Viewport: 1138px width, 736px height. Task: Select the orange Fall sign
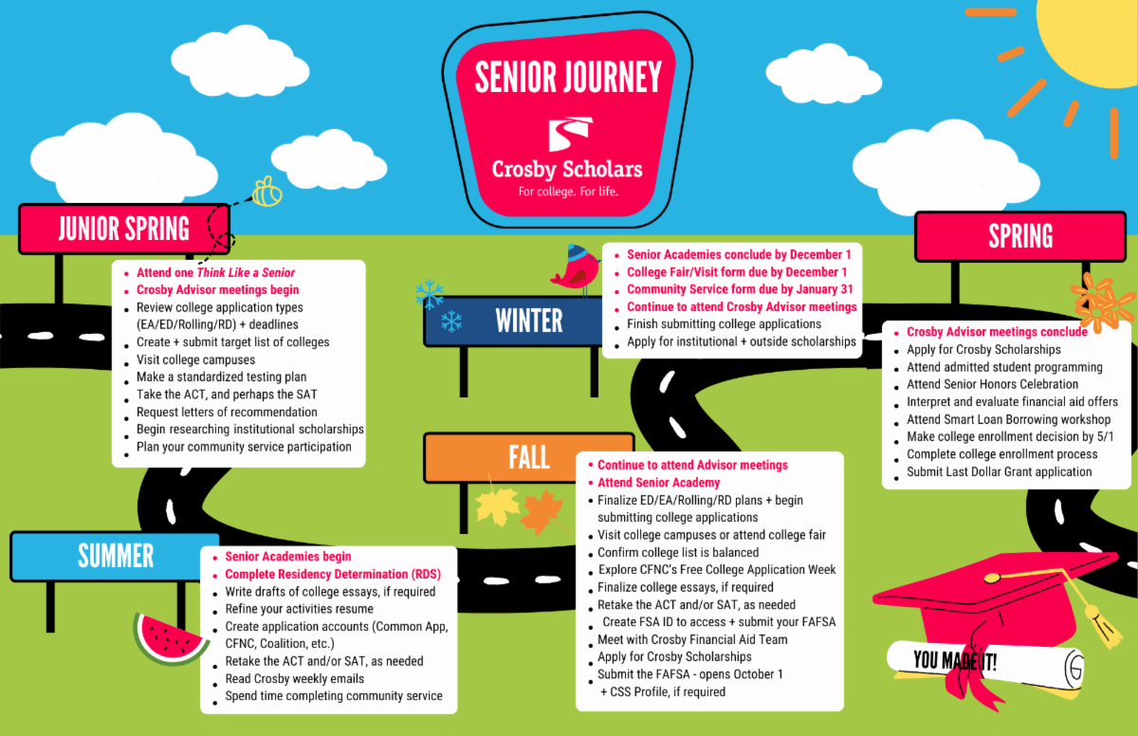coord(528,457)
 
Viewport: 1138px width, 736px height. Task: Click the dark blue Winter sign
coord(528,321)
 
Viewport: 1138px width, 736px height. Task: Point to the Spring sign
coord(1019,235)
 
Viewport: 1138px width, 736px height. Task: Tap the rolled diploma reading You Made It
coord(986,661)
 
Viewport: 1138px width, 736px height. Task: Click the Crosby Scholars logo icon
coord(566,134)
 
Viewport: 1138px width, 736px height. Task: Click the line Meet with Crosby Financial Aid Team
coord(692,639)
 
